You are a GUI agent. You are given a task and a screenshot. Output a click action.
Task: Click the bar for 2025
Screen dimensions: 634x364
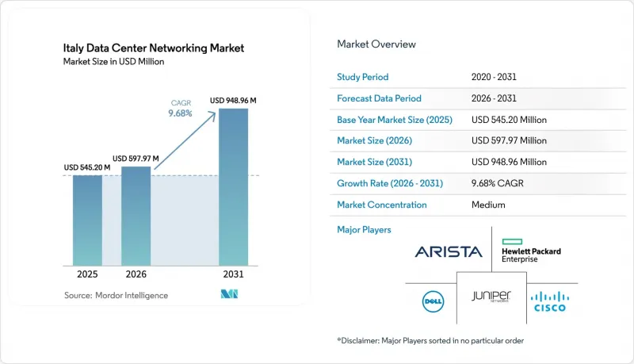(87, 220)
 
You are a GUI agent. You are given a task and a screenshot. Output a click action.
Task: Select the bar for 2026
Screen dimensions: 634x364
(136, 216)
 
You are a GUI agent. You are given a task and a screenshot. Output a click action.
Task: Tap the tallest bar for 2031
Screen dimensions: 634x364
(233, 187)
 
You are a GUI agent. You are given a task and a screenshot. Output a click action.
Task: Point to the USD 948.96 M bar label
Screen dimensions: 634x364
(233, 100)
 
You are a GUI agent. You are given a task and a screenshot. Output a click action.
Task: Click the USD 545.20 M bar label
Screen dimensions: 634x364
(87, 167)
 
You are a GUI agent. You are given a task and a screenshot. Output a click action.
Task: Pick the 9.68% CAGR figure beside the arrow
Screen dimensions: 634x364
(181, 113)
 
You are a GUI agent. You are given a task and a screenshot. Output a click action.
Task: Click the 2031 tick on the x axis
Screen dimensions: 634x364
(233, 274)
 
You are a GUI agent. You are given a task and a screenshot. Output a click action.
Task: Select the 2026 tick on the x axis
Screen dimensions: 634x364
(136, 274)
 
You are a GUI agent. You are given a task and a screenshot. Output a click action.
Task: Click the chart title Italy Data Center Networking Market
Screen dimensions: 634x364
(154, 48)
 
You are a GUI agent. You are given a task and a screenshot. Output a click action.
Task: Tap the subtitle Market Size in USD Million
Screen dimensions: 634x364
(113, 62)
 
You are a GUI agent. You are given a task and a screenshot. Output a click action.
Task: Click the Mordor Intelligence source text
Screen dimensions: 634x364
(116, 296)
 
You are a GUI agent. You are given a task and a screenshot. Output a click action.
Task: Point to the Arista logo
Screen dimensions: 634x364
(449, 252)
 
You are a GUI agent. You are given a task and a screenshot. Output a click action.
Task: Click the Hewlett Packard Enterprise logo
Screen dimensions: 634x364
(531, 251)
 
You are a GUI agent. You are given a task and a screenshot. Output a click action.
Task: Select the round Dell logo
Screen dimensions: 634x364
(433, 301)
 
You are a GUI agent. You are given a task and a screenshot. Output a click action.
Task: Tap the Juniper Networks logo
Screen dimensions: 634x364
(491, 297)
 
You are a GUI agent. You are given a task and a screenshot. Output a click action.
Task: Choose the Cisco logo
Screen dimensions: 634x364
(550, 301)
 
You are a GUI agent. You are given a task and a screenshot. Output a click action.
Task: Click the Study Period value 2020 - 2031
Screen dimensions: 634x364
(494, 77)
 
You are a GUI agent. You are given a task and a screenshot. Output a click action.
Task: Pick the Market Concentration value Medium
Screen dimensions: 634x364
(488, 205)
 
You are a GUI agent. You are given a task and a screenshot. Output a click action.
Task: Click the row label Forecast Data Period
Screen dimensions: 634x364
(379, 98)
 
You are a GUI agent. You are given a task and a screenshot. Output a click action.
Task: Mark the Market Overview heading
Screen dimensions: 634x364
(376, 44)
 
